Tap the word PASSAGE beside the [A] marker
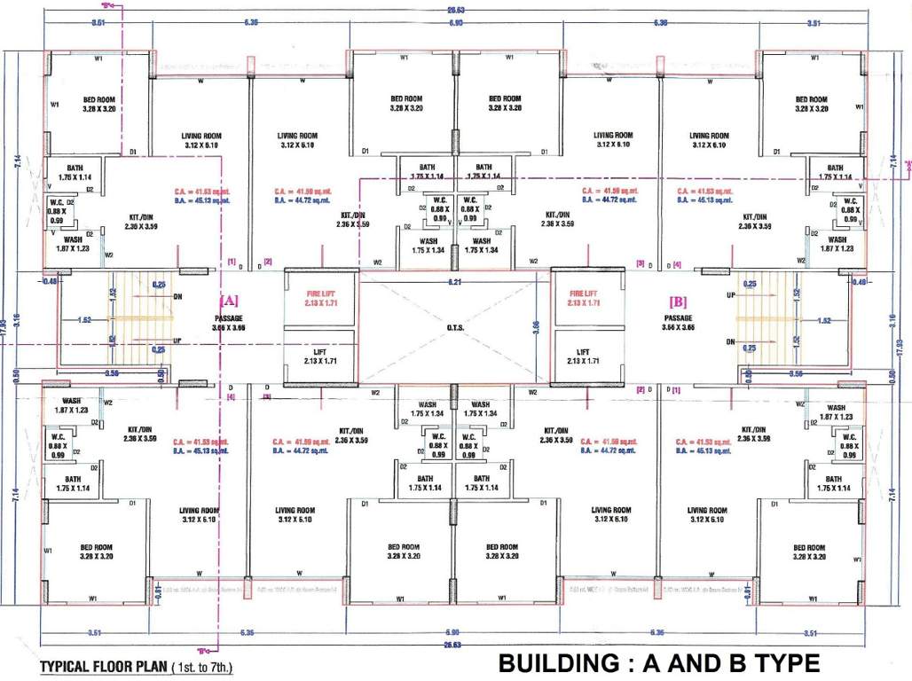coord(228,317)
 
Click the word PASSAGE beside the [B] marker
coord(679,317)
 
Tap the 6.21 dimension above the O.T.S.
coord(453,281)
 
